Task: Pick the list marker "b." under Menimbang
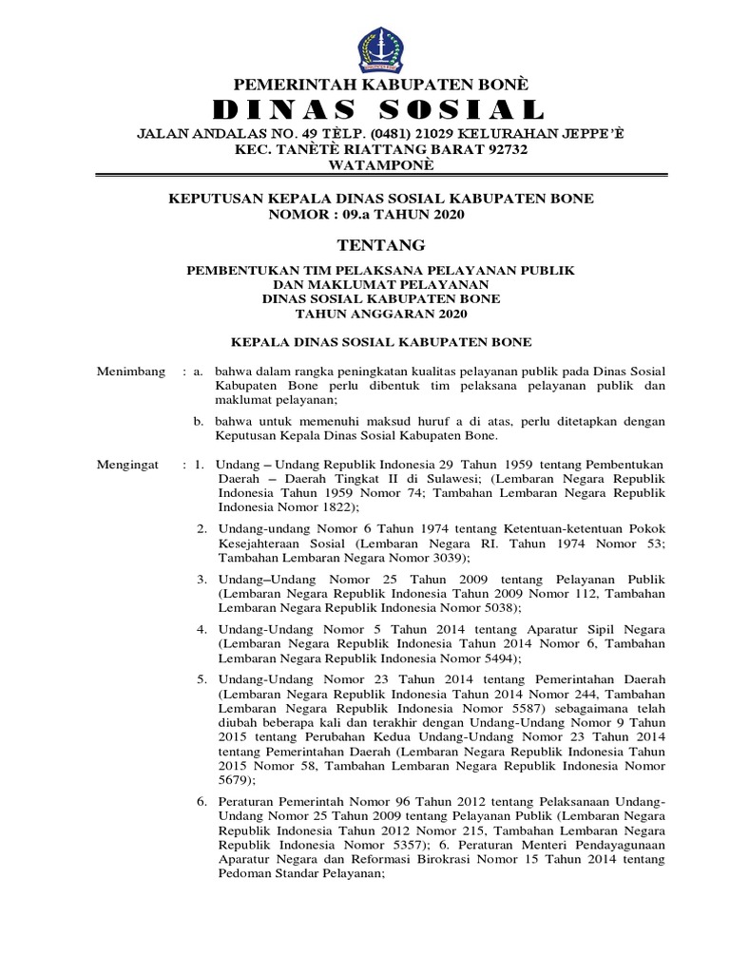[x=199, y=420]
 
